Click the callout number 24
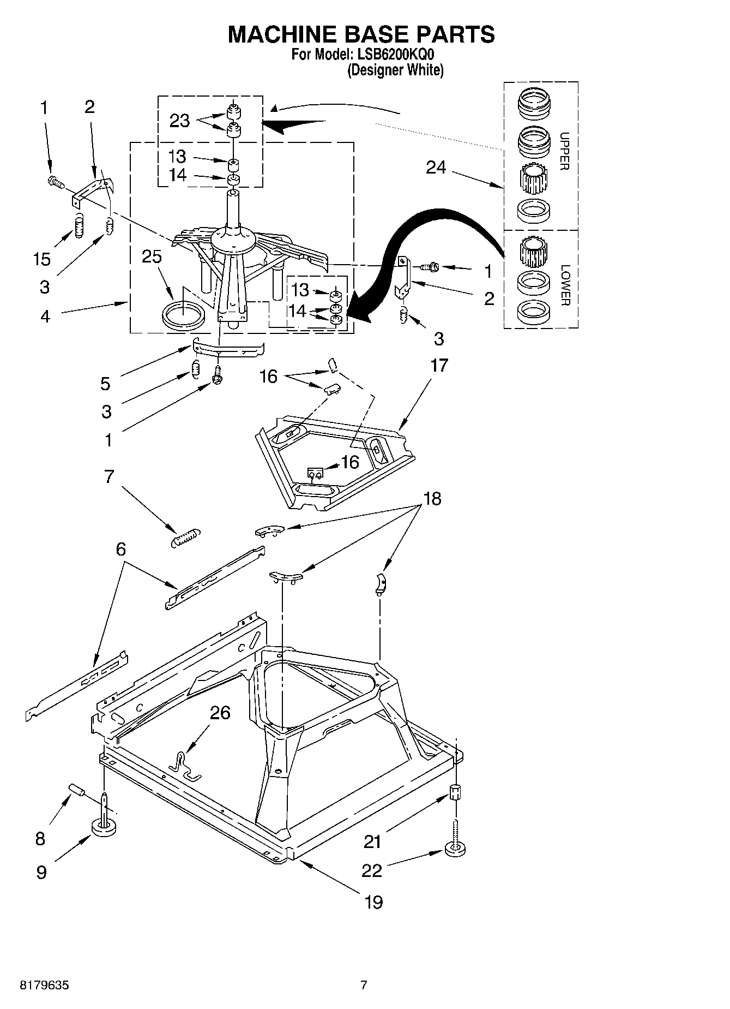436,168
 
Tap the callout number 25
152,256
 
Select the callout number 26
220,713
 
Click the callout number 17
439,365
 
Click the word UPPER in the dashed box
564,151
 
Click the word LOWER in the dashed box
565,285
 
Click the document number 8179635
44,986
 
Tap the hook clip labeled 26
185,764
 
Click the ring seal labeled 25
184,315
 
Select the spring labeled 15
80,225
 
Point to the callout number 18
432,498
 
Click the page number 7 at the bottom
364,986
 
